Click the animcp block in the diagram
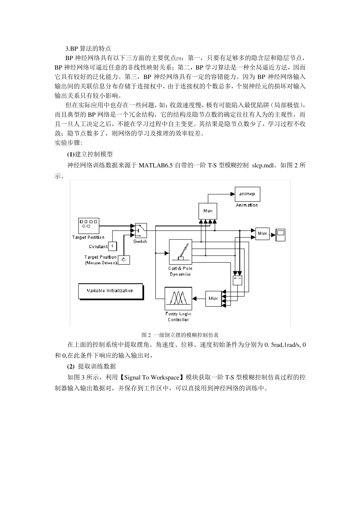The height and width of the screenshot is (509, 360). (x=247, y=194)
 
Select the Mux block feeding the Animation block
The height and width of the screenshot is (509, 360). (x=208, y=211)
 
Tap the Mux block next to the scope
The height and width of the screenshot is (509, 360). (x=262, y=234)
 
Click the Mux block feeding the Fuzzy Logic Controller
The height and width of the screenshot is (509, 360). (x=213, y=298)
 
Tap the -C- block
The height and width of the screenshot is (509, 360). (x=124, y=260)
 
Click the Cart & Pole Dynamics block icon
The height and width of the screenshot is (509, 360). (x=180, y=251)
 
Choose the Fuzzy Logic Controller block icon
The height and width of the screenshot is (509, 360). (x=178, y=298)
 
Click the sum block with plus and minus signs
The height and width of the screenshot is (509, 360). (x=237, y=279)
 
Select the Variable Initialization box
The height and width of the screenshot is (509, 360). (x=110, y=291)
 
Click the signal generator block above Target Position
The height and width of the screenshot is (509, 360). (x=88, y=226)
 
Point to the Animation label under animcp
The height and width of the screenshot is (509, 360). (x=247, y=205)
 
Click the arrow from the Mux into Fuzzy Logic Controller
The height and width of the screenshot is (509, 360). (x=199, y=298)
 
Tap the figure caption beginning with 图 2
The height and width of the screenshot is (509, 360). (x=180, y=335)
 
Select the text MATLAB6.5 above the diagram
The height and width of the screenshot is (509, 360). (x=156, y=165)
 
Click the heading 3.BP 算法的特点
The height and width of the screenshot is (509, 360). (x=88, y=48)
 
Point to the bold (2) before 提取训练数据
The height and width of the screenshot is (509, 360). (x=71, y=367)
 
